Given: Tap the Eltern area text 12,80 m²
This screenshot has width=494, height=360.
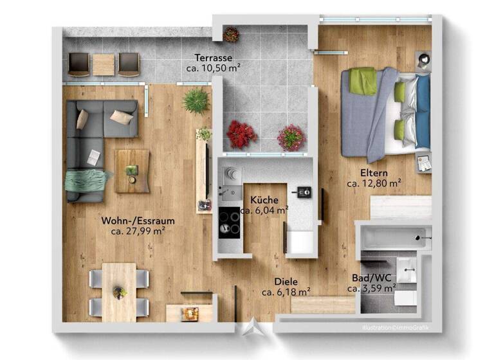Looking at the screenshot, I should [x=374, y=183].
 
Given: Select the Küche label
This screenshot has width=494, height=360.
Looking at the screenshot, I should [x=264, y=200].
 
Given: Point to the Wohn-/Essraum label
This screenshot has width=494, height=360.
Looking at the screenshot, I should [x=138, y=221].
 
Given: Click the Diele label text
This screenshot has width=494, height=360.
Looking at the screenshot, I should [x=286, y=282].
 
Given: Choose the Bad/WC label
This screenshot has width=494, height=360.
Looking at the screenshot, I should [x=371, y=278].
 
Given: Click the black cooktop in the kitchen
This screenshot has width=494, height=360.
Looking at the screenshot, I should [x=228, y=222].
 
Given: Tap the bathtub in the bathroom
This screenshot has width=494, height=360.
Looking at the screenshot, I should [x=393, y=237].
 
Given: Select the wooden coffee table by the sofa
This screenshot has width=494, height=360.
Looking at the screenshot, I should [x=133, y=170].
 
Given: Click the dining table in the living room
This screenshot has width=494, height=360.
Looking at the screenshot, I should [x=119, y=291].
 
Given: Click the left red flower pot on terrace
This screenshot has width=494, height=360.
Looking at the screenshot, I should [x=241, y=134].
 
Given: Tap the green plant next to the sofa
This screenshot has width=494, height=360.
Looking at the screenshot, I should [x=196, y=100].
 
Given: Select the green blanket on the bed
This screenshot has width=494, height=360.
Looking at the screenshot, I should [x=363, y=81].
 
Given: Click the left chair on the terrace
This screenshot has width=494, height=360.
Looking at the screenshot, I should [x=78, y=63].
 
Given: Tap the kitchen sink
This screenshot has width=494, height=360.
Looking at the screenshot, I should [x=228, y=190].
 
